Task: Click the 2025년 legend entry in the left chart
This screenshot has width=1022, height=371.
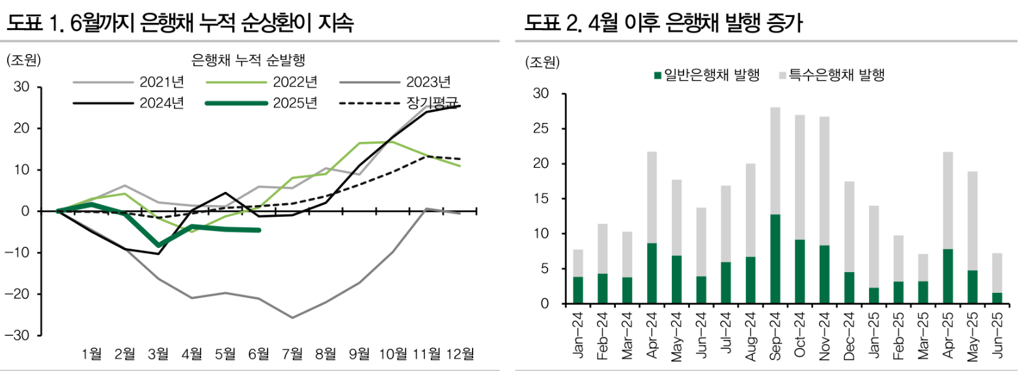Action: coord(294,103)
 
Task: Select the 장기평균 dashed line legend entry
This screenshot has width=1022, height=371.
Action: coord(432,103)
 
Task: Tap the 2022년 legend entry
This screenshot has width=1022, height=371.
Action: coord(294,82)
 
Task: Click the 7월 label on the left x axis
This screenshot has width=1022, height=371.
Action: coord(292,354)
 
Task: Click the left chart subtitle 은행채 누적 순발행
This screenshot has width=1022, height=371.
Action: coord(248,61)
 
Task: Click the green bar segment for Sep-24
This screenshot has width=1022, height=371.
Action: coord(775,259)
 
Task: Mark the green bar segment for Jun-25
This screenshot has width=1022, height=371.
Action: coord(997,298)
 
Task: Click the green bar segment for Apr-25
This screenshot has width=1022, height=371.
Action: coord(948,276)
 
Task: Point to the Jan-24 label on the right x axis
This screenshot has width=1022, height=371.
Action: coord(577,335)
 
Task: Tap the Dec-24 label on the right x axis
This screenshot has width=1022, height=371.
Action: coord(849,336)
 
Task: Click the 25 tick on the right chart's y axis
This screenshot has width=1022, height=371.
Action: coord(541,129)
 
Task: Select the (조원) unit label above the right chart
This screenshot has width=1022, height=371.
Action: coord(542,62)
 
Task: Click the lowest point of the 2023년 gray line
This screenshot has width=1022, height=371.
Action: coord(292,318)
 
